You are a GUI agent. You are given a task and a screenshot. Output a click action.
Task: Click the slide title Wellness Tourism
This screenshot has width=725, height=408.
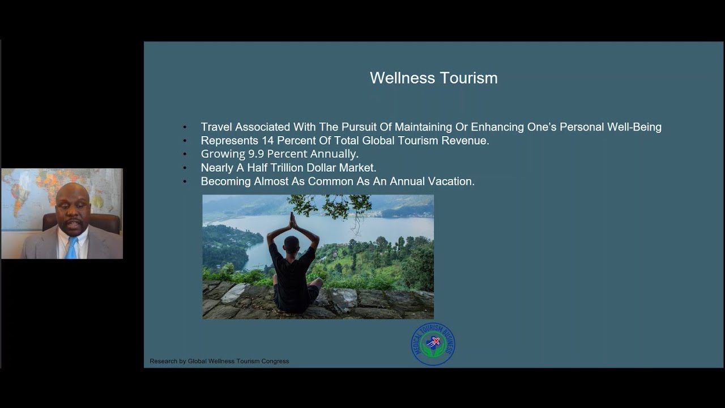coord(433,78)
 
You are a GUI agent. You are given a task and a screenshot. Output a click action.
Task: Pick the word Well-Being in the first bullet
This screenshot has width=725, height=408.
coord(634,127)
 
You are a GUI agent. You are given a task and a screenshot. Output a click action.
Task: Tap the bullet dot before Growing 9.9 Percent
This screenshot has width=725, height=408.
coord(185,154)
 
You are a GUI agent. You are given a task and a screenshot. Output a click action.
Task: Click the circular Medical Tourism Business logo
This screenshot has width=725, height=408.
coord(433,344)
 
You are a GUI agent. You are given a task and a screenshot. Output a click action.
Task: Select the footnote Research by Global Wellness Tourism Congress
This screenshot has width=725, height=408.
coord(219,361)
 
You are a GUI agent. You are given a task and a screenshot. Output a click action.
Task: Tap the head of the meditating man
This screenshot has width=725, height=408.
coord(291,244)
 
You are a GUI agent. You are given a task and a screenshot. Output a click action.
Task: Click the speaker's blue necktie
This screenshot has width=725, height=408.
coord(71,248)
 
